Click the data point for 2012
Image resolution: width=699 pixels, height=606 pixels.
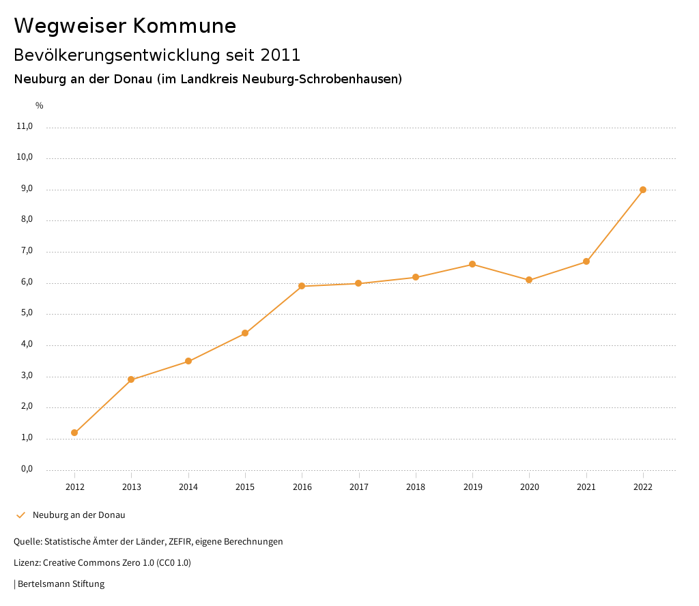coord(74,433)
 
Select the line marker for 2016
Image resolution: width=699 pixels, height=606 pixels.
coord(302,286)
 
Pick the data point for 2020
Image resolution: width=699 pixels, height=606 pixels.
coord(529,280)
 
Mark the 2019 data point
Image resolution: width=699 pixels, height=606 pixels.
coord(472,264)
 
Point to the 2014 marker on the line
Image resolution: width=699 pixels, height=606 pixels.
coord(188,361)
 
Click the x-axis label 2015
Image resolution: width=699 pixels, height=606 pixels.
coord(245,487)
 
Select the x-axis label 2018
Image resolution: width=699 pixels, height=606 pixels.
coord(416,487)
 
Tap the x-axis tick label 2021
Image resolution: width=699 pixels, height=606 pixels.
coord(586,487)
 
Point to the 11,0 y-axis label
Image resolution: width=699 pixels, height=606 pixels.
coord(25,126)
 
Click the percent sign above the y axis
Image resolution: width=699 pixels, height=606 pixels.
coord(40,106)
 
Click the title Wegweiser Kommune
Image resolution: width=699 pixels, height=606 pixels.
coord(125,26)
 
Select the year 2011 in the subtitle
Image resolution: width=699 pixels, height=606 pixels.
coord(281,55)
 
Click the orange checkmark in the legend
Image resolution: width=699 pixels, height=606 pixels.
coord(20,515)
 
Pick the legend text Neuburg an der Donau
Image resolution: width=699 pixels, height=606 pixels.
coord(79,515)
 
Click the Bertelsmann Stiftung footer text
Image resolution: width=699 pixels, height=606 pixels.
coord(61,584)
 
